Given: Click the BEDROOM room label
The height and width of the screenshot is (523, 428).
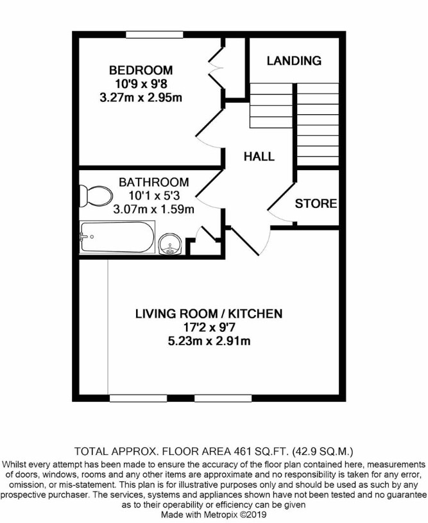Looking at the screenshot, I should click(141, 70).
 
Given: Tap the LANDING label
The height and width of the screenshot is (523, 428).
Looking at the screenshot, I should click(294, 61).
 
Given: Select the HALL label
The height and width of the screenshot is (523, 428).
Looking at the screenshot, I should click(259, 156).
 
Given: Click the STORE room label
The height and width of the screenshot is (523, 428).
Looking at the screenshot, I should click(316, 204).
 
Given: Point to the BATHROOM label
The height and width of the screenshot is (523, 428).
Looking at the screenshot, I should click(153, 182).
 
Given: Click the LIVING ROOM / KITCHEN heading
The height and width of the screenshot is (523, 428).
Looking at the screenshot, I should click(209, 314).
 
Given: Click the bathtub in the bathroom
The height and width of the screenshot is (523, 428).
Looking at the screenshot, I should click(116, 238).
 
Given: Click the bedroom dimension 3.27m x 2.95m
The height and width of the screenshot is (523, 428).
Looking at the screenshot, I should click(141, 97).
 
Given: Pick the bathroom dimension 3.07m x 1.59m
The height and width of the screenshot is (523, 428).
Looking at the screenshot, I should click(153, 209).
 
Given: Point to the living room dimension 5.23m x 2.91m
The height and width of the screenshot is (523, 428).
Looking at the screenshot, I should click(209, 341).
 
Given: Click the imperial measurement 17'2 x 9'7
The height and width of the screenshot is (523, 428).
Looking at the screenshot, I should click(209, 327).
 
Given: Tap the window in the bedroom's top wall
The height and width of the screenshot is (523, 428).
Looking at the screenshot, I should click(147, 35).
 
